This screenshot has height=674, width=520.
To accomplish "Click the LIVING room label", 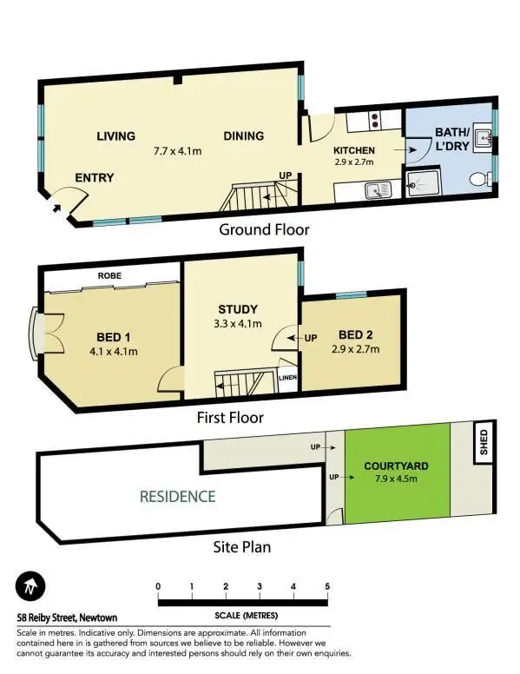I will coord(115,136).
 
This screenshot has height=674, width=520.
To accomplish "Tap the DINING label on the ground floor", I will coord(243,136).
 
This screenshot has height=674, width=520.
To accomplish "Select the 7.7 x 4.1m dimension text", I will coord(177,151).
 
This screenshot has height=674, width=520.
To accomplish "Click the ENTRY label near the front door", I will coord(94,178).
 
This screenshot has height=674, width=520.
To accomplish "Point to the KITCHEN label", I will coord(353,150).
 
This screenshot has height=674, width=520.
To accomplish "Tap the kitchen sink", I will coord(378,188).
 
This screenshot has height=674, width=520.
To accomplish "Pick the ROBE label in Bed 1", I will coord(109,275).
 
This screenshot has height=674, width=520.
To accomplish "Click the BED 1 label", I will coord(114,338).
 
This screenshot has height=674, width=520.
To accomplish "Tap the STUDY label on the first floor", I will coord(237,309).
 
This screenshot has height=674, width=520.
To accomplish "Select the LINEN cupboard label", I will coord(288,378).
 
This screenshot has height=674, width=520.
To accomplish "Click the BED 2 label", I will coord(357,335).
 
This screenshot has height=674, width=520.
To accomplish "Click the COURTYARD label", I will coord(396,466).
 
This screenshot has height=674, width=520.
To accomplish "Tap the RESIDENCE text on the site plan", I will coord(177,497).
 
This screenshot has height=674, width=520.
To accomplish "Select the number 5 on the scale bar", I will coord(327,587).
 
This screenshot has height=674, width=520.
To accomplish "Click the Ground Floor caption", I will coord(264,230).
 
